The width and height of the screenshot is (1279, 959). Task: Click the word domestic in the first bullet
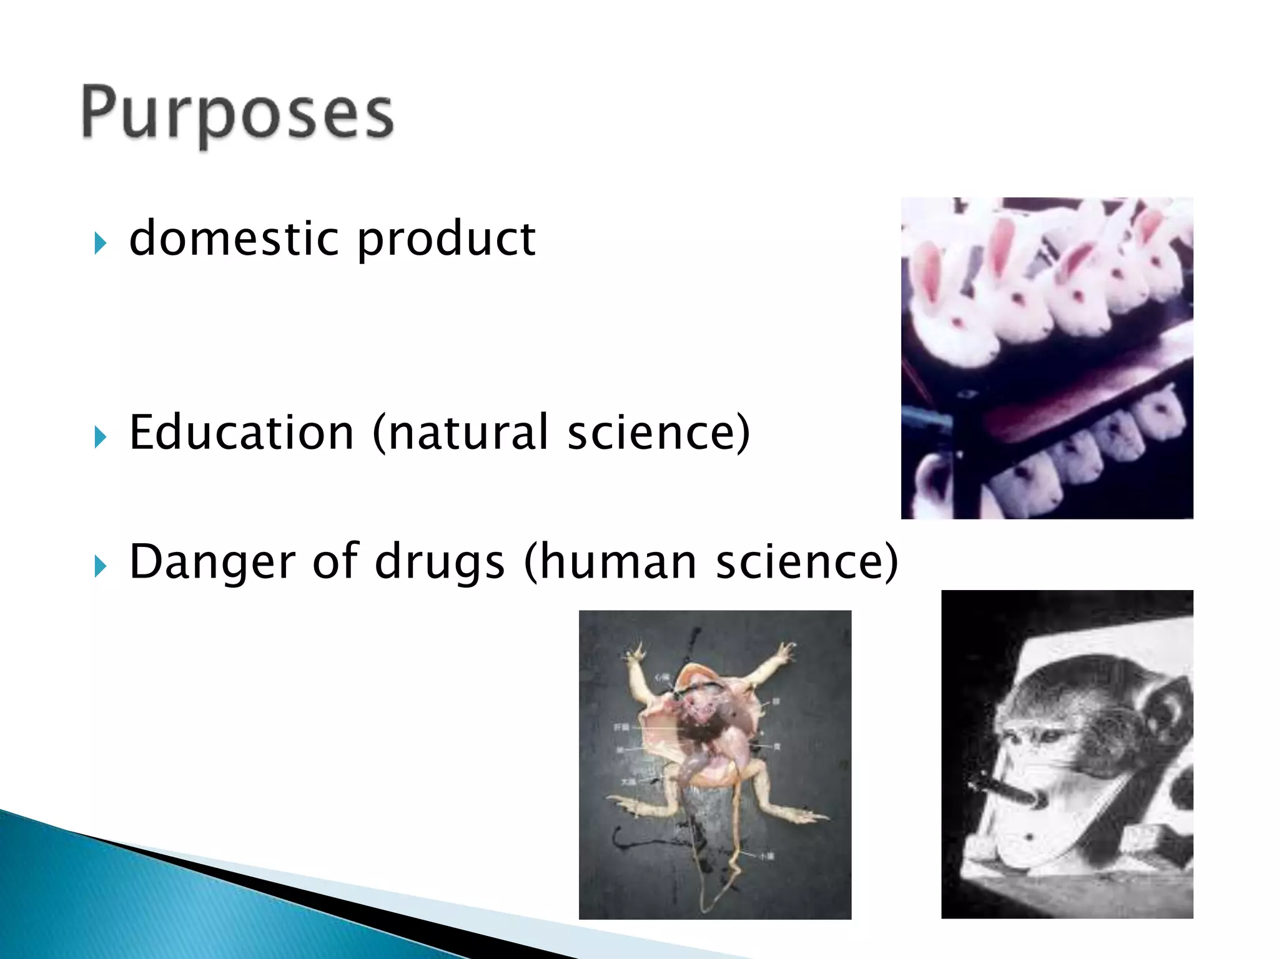pyautogui.click(x=235, y=239)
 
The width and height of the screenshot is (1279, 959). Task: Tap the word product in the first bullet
pyautogui.click(x=446, y=240)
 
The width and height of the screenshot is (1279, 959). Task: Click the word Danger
pyautogui.click(x=212, y=562)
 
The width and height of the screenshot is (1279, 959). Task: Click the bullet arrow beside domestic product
pyautogui.click(x=101, y=242)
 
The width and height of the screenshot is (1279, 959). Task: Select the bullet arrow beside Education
pyautogui.click(x=101, y=436)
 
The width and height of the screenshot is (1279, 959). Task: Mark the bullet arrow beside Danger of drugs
pyautogui.click(x=101, y=566)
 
